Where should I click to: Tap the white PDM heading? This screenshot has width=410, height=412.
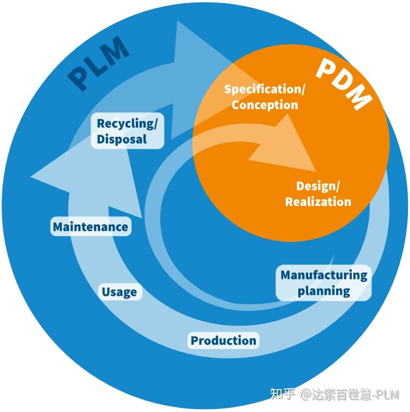point(343,83)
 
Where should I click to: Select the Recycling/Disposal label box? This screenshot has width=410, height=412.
point(127,131)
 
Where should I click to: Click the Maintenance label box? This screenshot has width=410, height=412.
point(90,227)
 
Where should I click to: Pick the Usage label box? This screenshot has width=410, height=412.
point(120,292)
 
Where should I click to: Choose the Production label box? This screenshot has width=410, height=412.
point(223,341)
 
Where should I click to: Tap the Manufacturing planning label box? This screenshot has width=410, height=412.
point(324,282)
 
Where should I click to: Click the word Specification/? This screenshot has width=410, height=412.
point(264,89)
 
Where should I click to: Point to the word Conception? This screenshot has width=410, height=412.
point(264,105)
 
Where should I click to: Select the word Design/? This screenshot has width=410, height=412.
point(318,186)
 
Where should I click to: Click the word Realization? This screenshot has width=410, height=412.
point(318,201)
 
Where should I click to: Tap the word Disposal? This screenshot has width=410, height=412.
point(122,139)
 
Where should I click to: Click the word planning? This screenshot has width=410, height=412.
point(324,291)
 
